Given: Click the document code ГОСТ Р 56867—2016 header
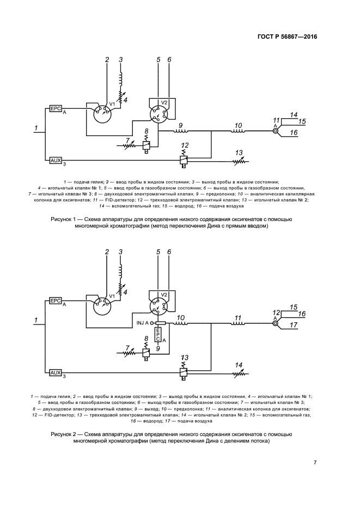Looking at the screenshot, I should pos(286,36).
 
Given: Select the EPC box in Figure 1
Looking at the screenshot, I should pos(56,108).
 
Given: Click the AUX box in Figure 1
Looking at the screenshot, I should pos(56,161).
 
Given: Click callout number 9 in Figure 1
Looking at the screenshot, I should pos(180,125).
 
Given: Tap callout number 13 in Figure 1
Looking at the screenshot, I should pos(239,152).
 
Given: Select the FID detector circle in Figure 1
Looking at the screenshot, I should pos(275,130).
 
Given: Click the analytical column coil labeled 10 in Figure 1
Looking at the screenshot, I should pos(237,131).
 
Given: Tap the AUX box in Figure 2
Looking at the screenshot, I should pos(56,372).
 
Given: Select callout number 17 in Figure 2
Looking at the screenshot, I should pos(295,326).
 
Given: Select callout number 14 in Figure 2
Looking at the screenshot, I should pos(238,365).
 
